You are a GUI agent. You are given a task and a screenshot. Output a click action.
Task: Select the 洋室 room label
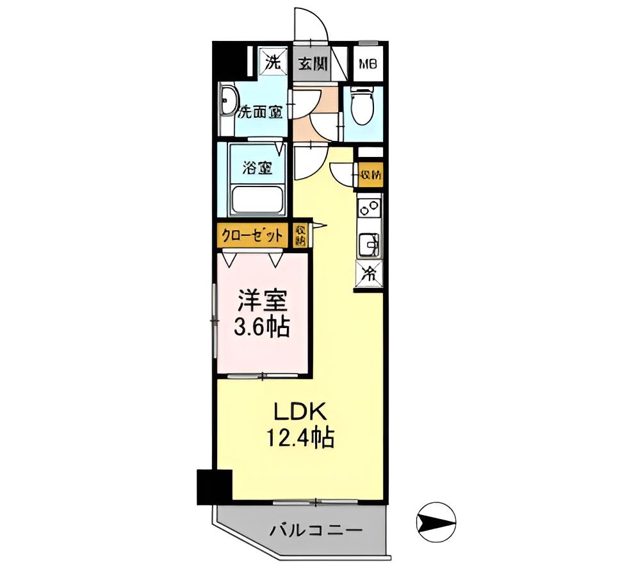click(263, 301)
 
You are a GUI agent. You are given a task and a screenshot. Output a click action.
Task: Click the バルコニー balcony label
click(316, 531)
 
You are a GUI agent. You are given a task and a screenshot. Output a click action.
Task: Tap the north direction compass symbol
click(435, 519)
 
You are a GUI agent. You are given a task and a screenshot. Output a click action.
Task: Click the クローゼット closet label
click(252, 235)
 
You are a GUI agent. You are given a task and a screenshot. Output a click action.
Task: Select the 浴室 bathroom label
click(257, 169)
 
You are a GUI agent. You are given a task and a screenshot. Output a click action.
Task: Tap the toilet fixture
click(362, 109)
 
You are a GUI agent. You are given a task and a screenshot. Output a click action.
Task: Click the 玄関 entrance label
click(313, 63)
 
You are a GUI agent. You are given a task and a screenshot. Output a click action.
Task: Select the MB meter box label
click(368, 64)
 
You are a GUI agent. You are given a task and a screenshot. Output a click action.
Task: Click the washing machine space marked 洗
click(273, 63)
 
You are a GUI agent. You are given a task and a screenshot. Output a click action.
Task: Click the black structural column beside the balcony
click(213, 486)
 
